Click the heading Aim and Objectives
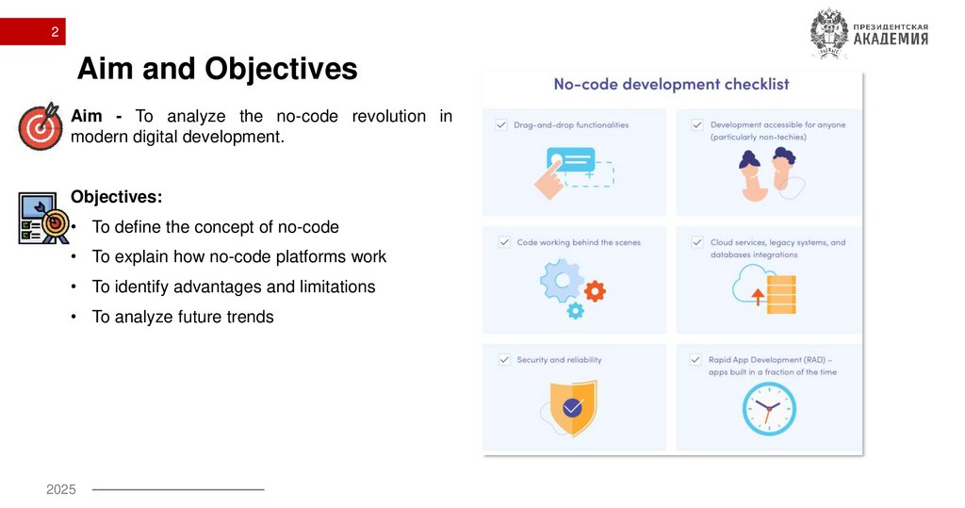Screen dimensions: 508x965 point(217,69)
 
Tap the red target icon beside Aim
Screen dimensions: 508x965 point(41,127)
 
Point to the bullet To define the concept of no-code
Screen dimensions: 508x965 point(215,227)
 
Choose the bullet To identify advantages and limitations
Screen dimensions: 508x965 point(233,287)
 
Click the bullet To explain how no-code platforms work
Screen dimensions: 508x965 point(238,256)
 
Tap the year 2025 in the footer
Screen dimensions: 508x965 point(61,489)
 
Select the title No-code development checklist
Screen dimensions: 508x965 point(671,84)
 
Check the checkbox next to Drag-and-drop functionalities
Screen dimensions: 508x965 point(500,124)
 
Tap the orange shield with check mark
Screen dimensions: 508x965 point(572,407)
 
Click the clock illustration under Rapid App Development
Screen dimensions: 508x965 point(768,409)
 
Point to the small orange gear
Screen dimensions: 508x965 point(595,289)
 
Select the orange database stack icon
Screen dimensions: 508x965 point(781,293)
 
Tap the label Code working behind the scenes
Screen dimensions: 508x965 point(578,242)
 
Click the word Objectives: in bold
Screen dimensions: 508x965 point(116,197)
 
